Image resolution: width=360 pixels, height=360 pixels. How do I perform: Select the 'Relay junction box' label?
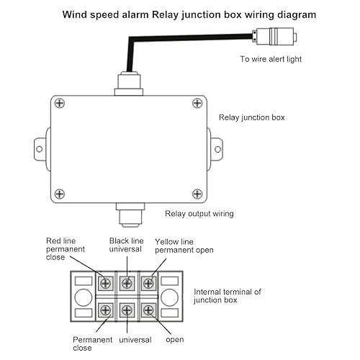(251, 117)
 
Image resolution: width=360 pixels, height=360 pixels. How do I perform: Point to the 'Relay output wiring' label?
(199, 213)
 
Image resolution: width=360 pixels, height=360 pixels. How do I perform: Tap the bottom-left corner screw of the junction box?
(61, 192)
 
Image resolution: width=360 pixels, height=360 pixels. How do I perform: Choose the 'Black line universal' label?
(127, 245)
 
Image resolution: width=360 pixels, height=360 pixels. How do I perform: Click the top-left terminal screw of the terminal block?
(106, 283)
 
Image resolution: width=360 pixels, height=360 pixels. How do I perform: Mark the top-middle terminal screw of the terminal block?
(127, 283)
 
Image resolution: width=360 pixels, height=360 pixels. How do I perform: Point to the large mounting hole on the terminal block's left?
(83, 297)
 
